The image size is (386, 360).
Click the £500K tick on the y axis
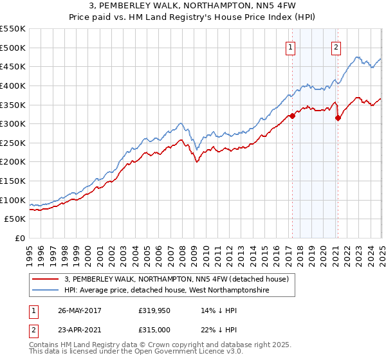pyautogui.click(x=13, y=48)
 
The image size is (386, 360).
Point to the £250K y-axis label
pyautogui.click(x=13, y=143)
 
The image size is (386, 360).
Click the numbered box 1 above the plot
pyautogui.click(x=291, y=46)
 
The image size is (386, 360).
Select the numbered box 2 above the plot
pyautogui.click(x=336, y=46)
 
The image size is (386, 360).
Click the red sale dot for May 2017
pyautogui.click(x=292, y=116)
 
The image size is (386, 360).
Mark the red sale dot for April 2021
pyautogui.click(x=338, y=118)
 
